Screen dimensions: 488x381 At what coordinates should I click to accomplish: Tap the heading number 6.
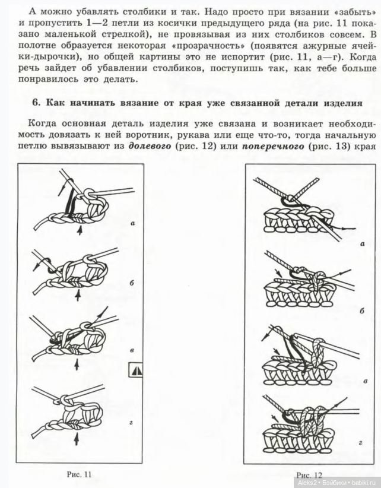35,102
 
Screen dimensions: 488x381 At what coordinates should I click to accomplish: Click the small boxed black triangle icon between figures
136,369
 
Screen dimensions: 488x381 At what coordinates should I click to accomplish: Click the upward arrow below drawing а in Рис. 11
80,232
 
